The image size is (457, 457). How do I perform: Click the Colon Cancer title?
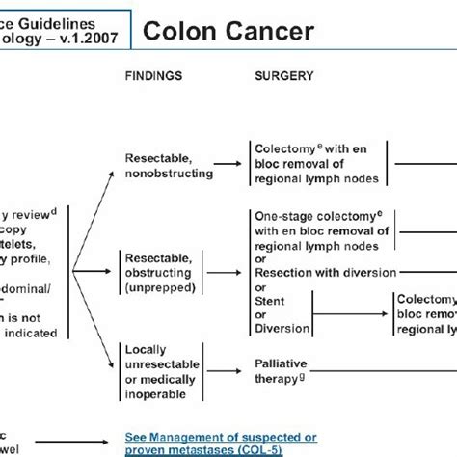tap(228, 32)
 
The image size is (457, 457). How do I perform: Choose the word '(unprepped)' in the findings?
tap(159, 286)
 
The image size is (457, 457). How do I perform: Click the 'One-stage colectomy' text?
tap(309, 217)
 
